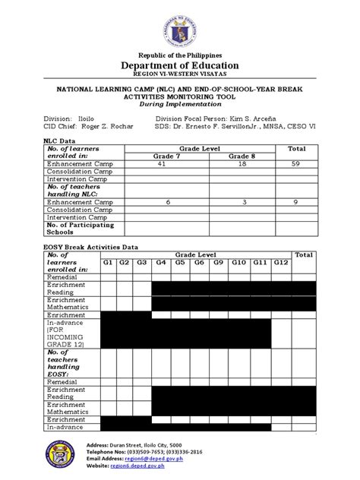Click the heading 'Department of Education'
pyautogui.click(x=180, y=65)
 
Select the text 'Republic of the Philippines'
pyautogui.click(x=180, y=55)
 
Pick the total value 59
pyautogui.click(x=296, y=163)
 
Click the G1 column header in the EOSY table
pyautogui.click(x=109, y=262)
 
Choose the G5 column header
pyautogui.click(x=181, y=262)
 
